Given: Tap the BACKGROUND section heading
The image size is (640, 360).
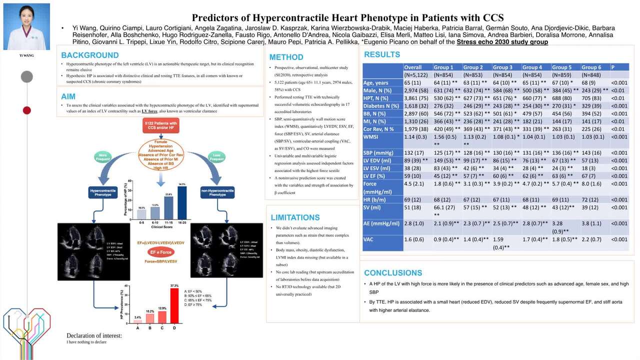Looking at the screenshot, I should [90, 55].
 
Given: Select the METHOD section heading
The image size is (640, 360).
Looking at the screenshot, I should [286, 57].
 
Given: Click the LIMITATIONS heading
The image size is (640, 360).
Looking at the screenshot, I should [295, 217].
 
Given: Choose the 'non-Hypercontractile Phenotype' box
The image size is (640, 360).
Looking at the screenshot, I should [217, 193].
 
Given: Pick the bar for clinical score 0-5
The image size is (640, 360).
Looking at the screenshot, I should [141, 214].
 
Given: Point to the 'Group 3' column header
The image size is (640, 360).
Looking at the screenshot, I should [502, 67].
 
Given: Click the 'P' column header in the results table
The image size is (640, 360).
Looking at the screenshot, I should [613, 67].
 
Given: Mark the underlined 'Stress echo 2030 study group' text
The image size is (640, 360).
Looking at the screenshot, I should [502, 42].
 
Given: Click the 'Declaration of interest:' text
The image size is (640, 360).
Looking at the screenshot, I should [94, 335].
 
